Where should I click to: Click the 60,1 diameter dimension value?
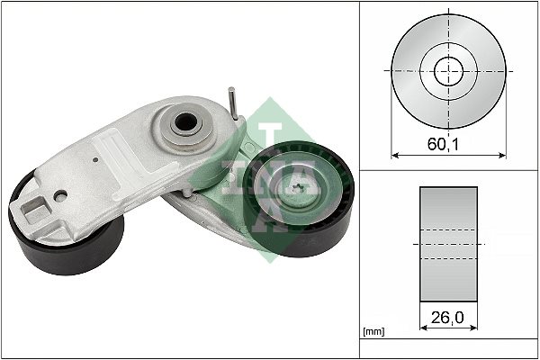click(x=443, y=144)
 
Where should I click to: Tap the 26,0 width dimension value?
click(x=447, y=318)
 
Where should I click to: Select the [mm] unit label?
click(x=373, y=332)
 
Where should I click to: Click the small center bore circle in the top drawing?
click(x=449, y=71)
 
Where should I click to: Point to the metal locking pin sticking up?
click(x=232, y=103)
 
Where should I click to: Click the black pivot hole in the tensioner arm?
click(x=185, y=122)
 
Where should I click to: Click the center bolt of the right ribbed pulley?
click(x=297, y=187)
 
